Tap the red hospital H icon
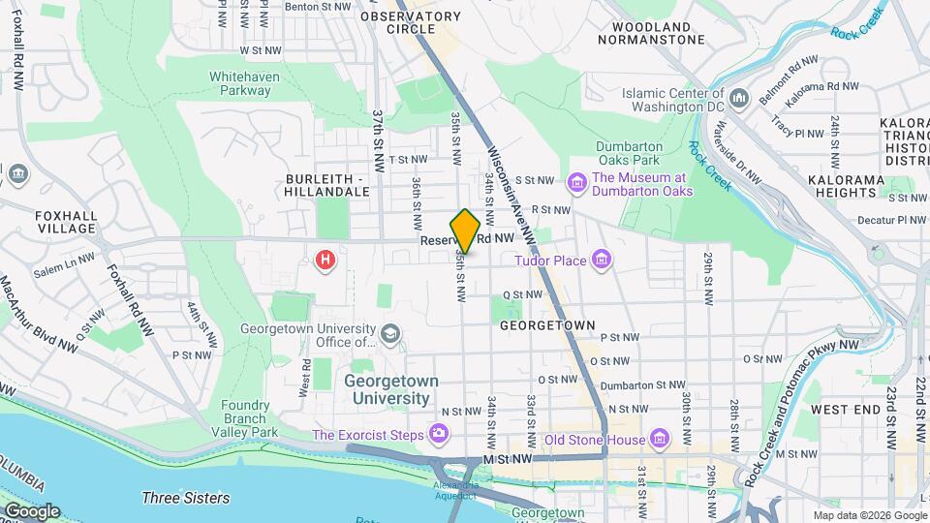click(326, 261)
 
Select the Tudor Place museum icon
click(602, 259)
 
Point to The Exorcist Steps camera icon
click(440, 434)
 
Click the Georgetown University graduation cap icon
click(389, 334)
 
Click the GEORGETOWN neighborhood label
click(546, 326)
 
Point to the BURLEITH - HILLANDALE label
click(328, 185)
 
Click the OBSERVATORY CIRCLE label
click(410, 22)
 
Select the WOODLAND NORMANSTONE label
click(644, 33)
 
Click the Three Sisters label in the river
click(185, 498)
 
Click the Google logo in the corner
click(31, 510)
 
